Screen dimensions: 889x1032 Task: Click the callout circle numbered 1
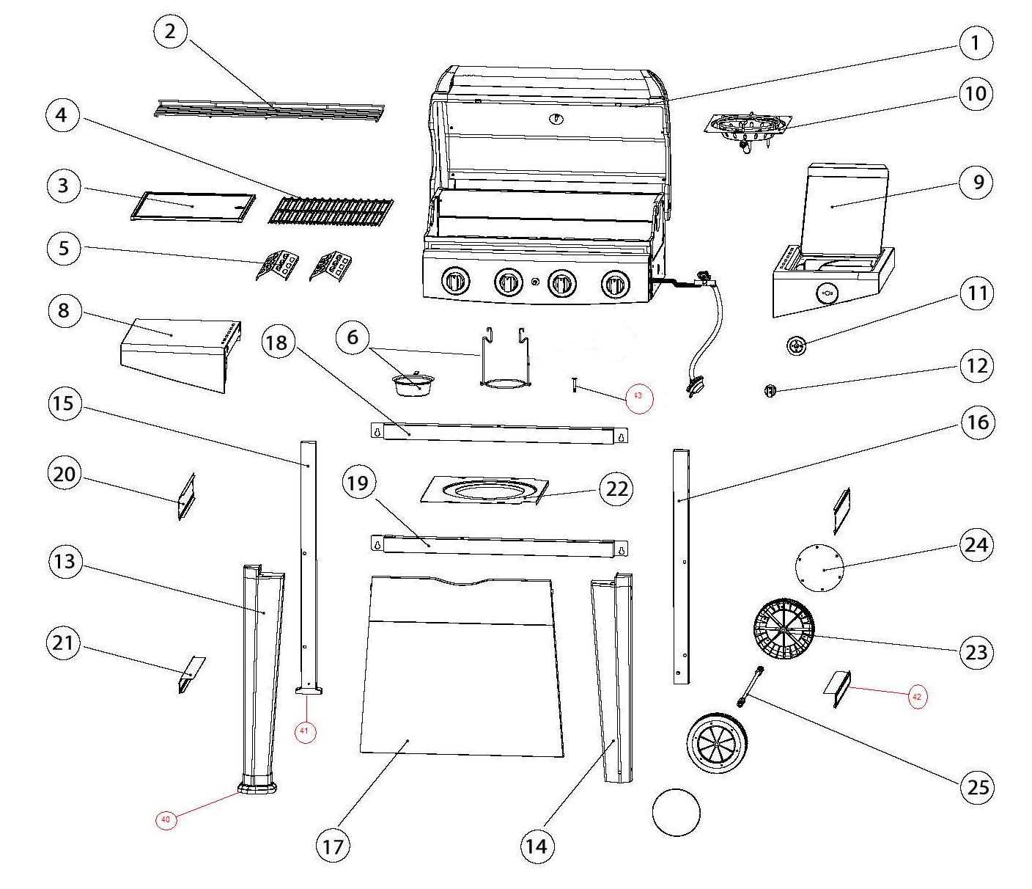click(975, 43)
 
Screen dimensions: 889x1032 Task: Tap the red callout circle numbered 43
click(638, 396)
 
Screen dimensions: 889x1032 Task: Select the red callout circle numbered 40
click(166, 819)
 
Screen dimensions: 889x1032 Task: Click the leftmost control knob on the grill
click(455, 282)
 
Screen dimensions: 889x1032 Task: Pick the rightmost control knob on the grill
click(614, 284)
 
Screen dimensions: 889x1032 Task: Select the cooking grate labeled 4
click(330, 211)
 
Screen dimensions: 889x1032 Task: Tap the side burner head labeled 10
click(748, 129)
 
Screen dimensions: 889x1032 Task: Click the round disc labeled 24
click(819, 567)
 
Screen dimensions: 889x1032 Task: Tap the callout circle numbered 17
click(333, 846)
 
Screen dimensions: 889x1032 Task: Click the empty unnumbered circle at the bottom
click(676, 812)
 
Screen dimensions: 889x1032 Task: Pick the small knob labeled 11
click(796, 345)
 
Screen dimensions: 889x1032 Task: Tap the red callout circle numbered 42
click(916, 696)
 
